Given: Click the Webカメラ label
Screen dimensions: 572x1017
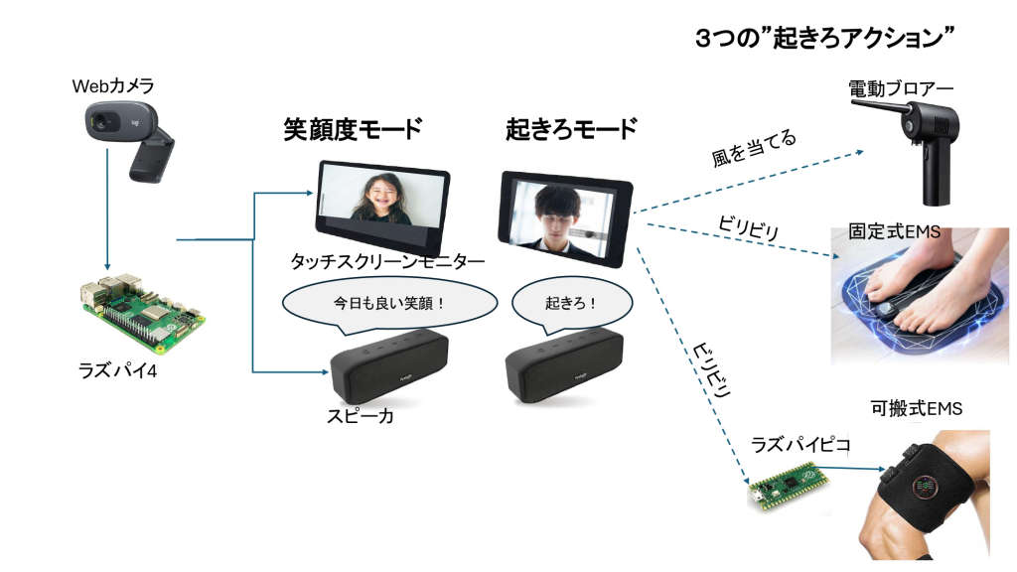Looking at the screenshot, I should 112,86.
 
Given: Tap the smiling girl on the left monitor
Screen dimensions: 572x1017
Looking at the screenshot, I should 380,197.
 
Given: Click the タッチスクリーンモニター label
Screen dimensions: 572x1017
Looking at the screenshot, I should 387,261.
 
